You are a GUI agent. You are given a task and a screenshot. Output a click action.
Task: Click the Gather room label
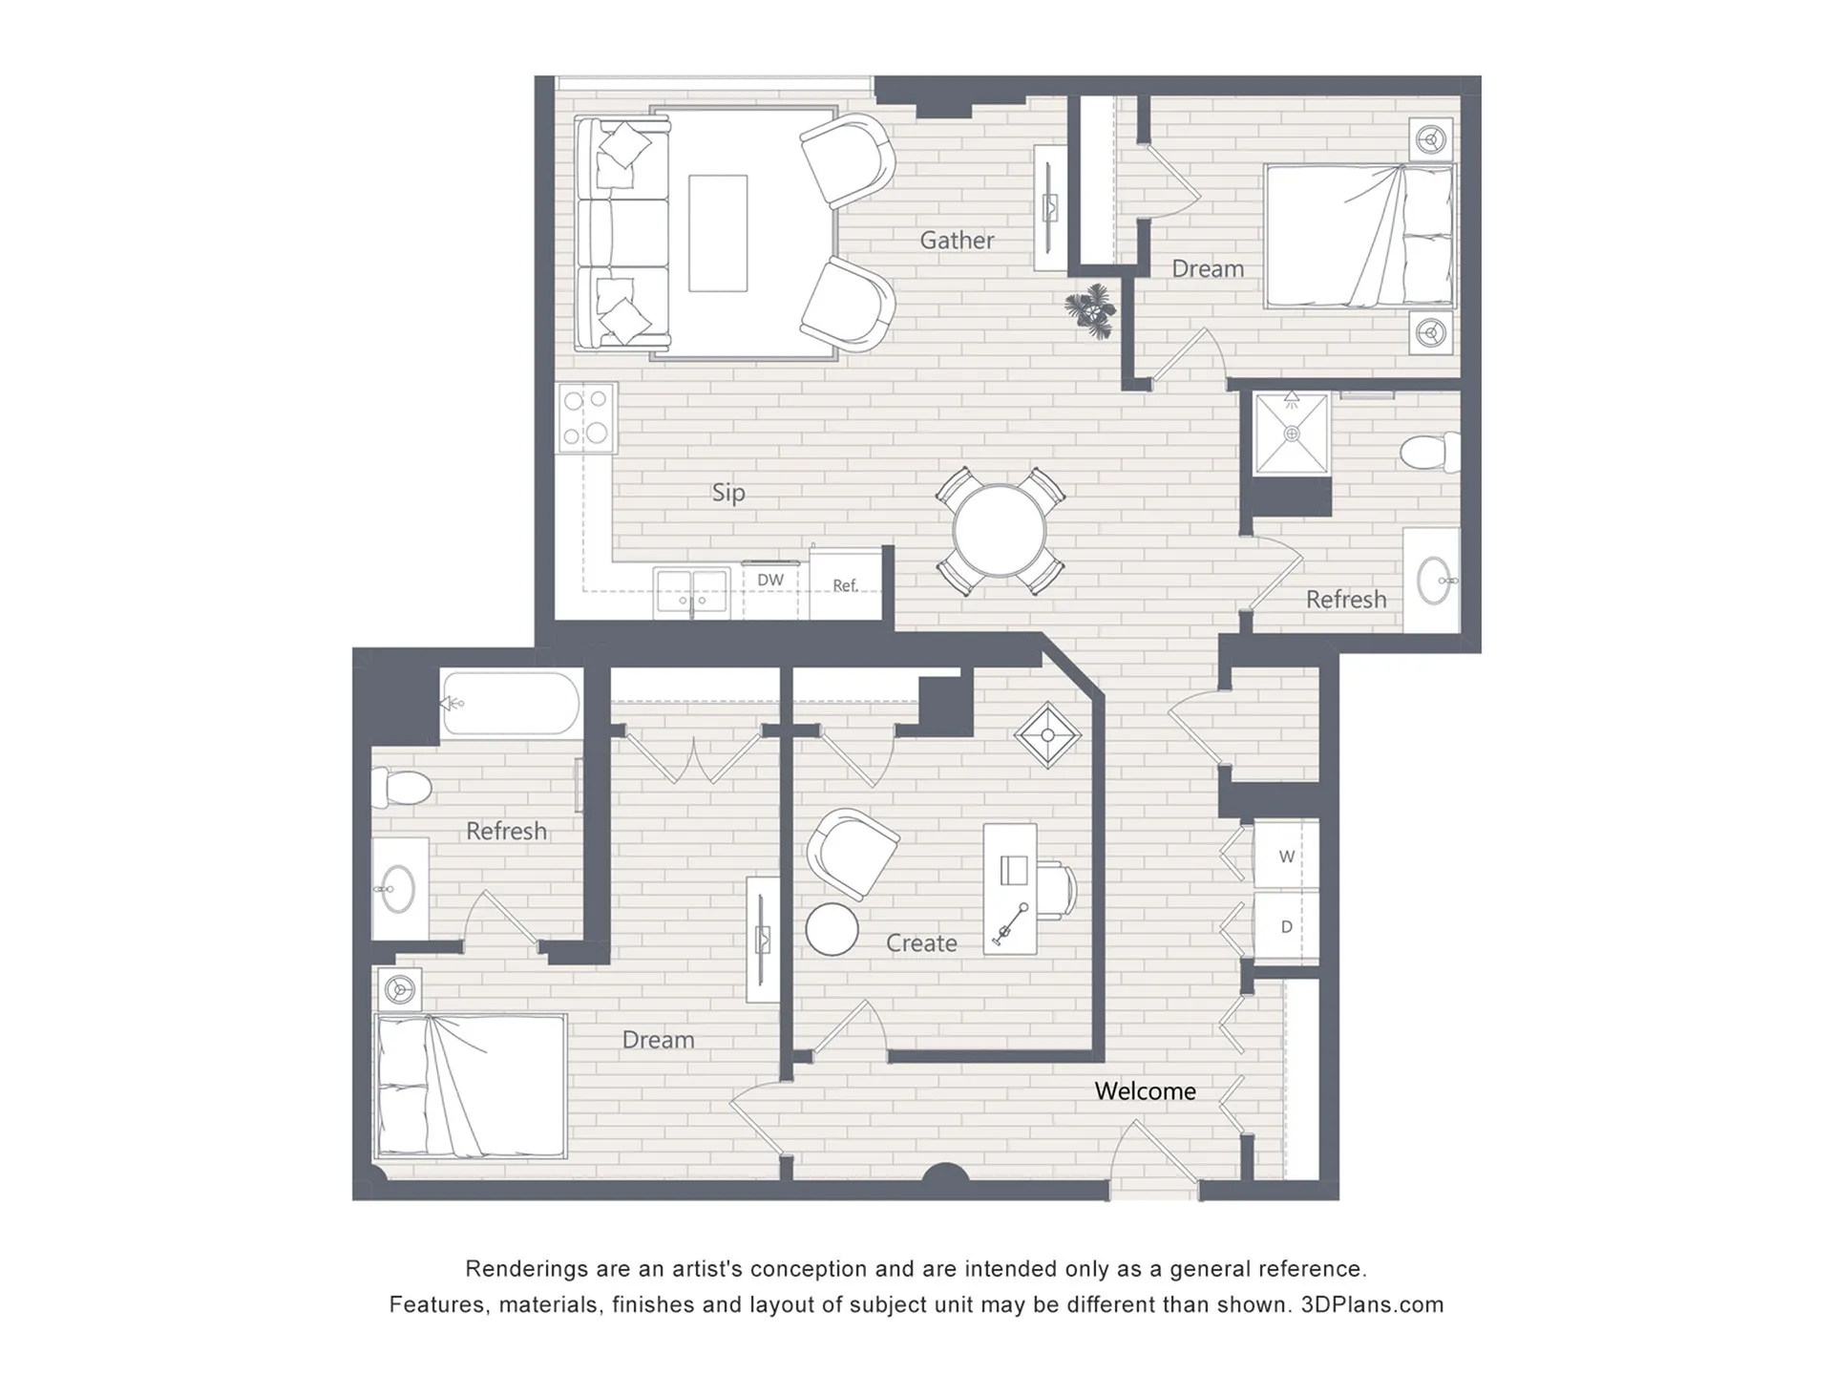pos(957,240)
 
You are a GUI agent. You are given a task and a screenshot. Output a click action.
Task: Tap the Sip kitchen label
pos(728,493)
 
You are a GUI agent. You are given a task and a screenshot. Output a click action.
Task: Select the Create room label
pos(921,943)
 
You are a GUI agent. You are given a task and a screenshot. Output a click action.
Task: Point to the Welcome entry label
pos(1145,1090)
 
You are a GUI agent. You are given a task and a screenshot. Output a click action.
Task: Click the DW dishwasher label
pos(770,580)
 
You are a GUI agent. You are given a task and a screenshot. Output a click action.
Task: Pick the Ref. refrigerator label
pos(845,584)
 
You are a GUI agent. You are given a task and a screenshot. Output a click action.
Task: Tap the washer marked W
pos(1286,856)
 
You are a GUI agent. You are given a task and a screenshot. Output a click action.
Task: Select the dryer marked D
pos(1286,925)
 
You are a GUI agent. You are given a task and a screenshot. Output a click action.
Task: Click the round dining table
pos(1000,531)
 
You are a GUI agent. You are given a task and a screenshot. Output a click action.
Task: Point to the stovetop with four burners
pos(587,417)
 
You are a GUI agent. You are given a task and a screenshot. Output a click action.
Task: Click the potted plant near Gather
pos(1090,309)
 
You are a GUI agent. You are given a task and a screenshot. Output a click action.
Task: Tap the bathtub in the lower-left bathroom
pos(511,704)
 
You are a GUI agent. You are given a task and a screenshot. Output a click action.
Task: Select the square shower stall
pos(1292,434)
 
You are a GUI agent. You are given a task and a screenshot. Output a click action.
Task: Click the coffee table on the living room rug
pos(718,233)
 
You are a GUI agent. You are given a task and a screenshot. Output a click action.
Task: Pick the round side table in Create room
pos(832,929)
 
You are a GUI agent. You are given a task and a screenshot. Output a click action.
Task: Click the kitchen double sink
pos(691,593)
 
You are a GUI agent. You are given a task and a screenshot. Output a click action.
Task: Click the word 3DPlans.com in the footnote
pos(1372,1304)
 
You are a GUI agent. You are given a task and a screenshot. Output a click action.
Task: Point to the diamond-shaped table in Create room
pos(1047,735)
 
